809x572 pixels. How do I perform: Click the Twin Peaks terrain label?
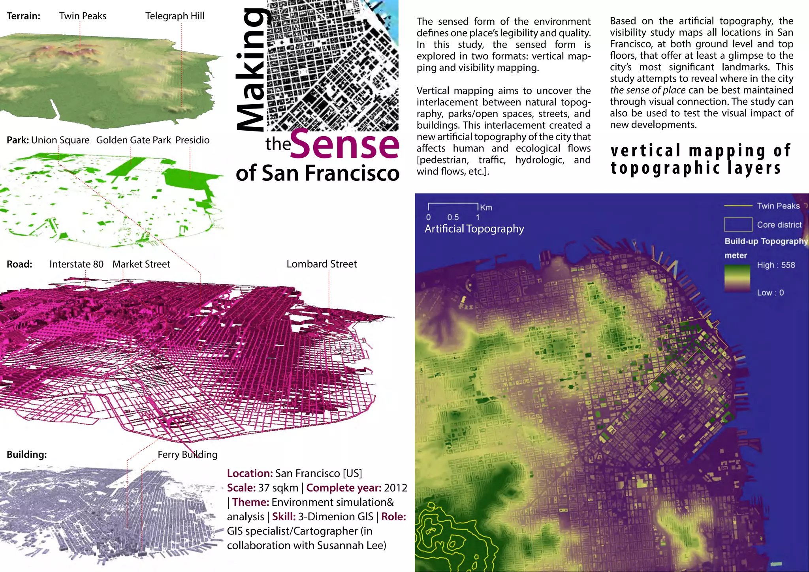click(83, 16)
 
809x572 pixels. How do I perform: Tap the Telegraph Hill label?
click(175, 16)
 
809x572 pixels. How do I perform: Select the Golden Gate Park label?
click(134, 140)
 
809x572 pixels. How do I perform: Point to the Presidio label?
click(192, 140)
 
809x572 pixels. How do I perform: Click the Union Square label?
click(60, 140)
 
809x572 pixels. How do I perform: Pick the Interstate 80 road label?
click(76, 264)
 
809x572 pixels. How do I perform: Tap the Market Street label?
click(141, 264)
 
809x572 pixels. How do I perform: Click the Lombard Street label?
click(322, 264)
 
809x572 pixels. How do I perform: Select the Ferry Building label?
click(187, 454)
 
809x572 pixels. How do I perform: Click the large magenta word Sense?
click(345, 144)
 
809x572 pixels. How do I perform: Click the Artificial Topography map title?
click(474, 229)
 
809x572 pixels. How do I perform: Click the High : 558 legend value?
click(776, 265)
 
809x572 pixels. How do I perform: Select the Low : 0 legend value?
click(770, 293)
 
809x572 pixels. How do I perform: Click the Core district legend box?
click(738, 225)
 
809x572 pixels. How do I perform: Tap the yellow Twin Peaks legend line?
click(738, 206)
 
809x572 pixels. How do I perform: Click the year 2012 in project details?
click(395, 488)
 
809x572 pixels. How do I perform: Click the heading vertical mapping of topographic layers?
click(700, 159)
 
